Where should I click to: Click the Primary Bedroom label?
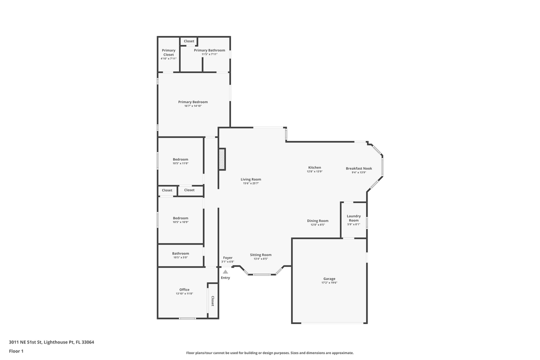tap(193, 102)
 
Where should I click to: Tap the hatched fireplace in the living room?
tap(222, 159)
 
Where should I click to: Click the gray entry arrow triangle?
tap(225, 271)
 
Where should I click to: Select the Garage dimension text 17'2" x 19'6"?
tap(329, 283)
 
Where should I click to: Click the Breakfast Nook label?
tap(358, 168)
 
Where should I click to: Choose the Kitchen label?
tap(314, 167)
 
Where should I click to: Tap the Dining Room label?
tap(317, 220)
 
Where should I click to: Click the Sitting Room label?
tap(260, 254)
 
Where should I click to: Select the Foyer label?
tap(227, 257)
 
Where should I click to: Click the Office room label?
tap(184, 289)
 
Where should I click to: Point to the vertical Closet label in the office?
tap(212, 300)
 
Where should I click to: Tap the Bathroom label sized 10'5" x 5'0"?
tap(180, 253)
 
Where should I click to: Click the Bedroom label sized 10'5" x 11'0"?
tap(180, 159)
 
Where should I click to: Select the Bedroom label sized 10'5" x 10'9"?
tap(180, 218)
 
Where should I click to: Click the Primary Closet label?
tap(168, 52)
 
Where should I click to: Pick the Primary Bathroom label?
tap(209, 50)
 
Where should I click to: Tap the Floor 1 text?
tap(16, 351)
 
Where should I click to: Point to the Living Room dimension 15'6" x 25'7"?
tap(250, 183)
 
